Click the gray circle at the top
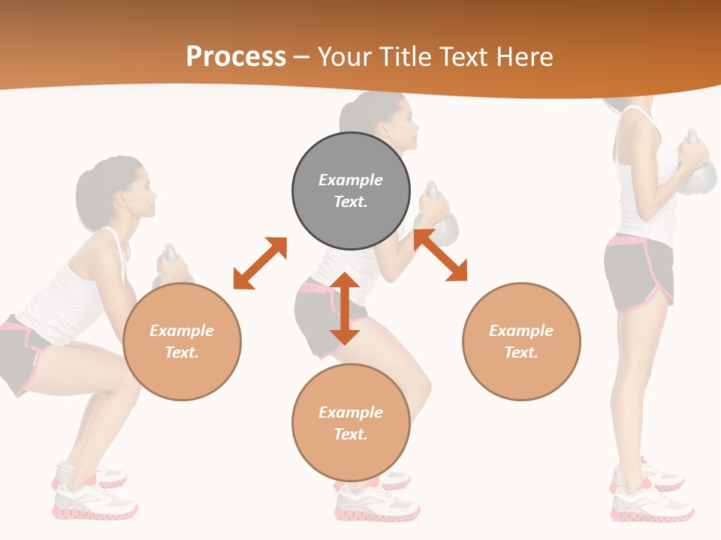pyautogui.click(x=351, y=191)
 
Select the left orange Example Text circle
pyautogui.click(x=182, y=342)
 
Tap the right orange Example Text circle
pyautogui.click(x=521, y=342)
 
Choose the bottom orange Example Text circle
pyautogui.click(x=351, y=423)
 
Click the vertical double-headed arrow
pyautogui.click(x=345, y=309)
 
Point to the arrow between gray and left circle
pyautogui.click(x=260, y=263)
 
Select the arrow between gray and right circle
pyautogui.click(x=440, y=255)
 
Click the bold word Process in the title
pyautogui.click(x=236, y=56)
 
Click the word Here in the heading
pyautogui.click(x=525, y=57)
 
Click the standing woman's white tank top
pyautogui.click(x=638, y=180)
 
